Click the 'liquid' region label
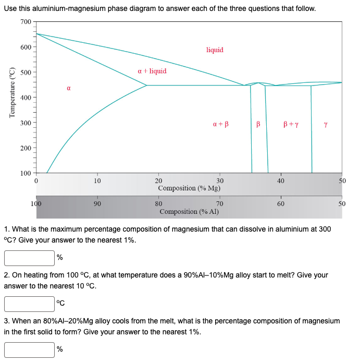[215, 50]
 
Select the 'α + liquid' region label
[152, 71]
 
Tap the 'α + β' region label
[221, 125]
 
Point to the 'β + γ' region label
[291, 125]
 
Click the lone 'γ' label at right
[326, 125]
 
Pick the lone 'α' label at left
[68, 89]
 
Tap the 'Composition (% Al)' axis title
[189, 212]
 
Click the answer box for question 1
[29, 258]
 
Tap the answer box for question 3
[29, 349]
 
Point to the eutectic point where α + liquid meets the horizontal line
[147, 85]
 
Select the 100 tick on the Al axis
[36, 204]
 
